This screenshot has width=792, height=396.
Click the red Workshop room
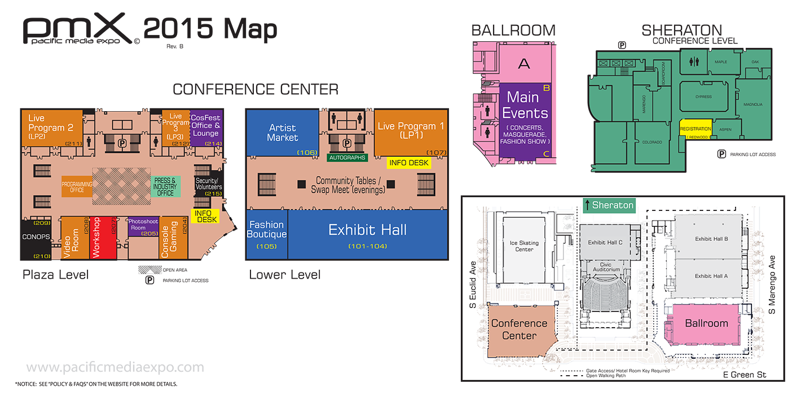(x=96, y=237)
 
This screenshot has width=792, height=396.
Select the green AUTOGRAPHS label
(x=347, y=158)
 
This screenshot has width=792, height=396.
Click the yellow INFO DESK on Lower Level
(x=409, y=163)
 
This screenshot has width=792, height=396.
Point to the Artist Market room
(x=282, y=133)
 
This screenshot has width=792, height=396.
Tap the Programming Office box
(x=77, y=187)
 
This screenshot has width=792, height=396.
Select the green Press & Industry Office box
(x=165, y=187)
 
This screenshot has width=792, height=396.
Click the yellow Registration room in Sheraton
(x=696, y=129)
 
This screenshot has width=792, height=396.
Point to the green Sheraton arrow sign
(x=609, y=205)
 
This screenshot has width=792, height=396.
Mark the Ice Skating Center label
(x=524, y=246)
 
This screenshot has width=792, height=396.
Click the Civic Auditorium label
(x=606, y=266)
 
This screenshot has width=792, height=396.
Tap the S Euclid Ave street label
(x=473, y=285)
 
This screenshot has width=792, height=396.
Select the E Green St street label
(x=745, y=375)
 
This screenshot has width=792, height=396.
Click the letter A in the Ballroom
(x=524, y=64)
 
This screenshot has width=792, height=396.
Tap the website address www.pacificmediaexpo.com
(x=115, y=368)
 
